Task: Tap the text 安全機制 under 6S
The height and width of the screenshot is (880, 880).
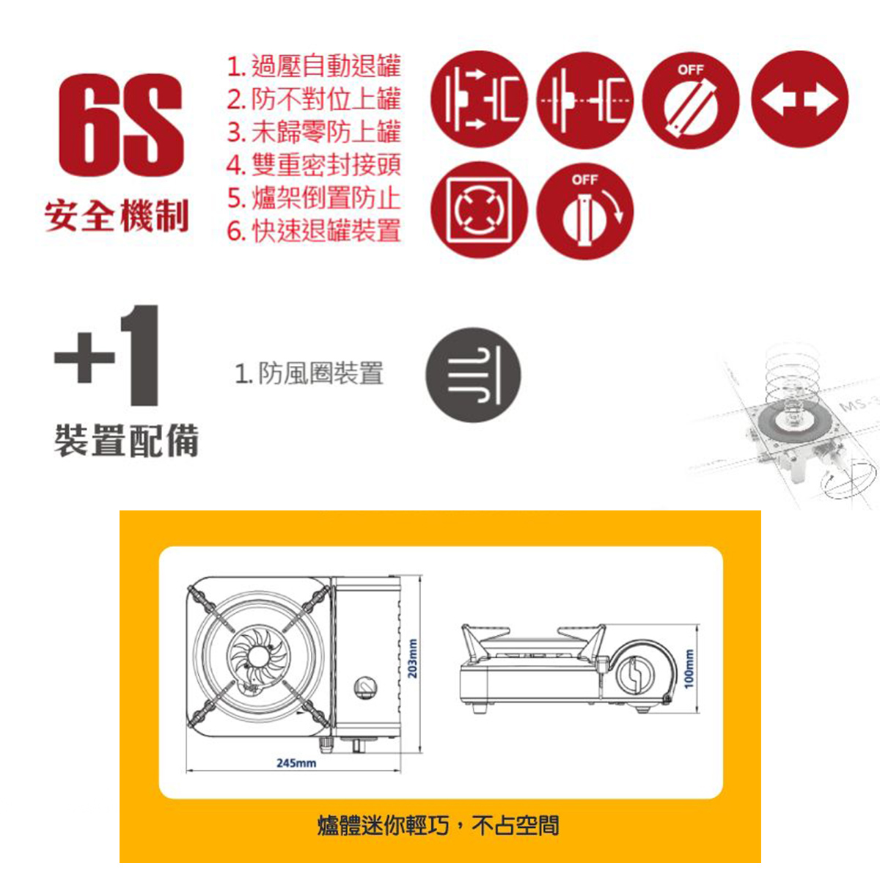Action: pos(117,216)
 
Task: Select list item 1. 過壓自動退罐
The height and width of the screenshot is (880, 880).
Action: pos(314,66)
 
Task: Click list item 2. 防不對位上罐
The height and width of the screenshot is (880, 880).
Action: pos(314,99)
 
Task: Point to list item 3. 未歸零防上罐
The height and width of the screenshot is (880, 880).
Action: pos(314,132)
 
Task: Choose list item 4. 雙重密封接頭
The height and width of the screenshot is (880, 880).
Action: pos(314,165)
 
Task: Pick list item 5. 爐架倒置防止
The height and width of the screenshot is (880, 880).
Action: pos(314,198)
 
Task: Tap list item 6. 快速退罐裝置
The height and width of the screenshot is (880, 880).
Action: pos(314,230)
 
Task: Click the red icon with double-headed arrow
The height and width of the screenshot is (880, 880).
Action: pos(799,100)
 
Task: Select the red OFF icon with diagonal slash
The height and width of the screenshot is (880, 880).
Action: pos(691,100)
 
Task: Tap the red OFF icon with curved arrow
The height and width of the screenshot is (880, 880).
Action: pos(585,210)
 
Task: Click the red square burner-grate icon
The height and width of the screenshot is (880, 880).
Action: pos(479,210)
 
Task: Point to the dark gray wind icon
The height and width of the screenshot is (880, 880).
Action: pos(473,375)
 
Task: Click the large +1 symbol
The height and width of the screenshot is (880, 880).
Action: pos(108,356)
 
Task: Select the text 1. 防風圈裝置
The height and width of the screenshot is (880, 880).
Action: pos(309,373)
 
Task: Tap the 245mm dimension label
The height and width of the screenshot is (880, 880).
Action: pos(296,763)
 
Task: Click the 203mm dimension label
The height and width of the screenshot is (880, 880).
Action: pos(412,658)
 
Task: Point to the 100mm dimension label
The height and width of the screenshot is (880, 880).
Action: pos(689,669)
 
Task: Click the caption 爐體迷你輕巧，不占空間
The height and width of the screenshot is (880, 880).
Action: pos(438,825)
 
